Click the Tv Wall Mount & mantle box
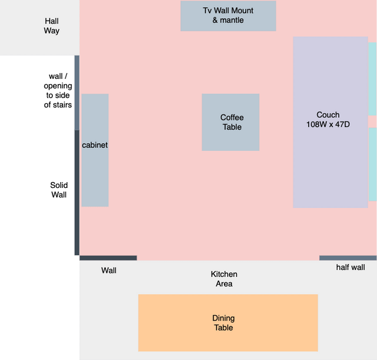click(x=228, y=16)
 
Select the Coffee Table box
click(x=230, y=122)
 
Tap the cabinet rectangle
click(x=95, y=150)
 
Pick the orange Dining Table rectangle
click(x=228, y=323)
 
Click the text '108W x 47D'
click(x=328, y=124)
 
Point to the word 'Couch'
click(x=328, y=115)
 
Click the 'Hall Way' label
click(x=52, y=26)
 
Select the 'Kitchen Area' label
click(x=224, y=279)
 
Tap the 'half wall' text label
click(x=350, y=267)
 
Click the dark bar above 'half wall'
click(x=348, y=258)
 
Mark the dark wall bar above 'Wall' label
click(x=108, y=258)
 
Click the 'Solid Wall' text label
click(x=59, y=190)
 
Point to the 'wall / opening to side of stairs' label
click(x=58, y=90)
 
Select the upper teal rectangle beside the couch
click(x=372, y=79)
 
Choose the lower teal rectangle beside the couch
click(x=372, y=164)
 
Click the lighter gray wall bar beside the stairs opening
click(x=77, y=93)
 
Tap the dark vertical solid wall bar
click(x=77, y=193)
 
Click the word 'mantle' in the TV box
click(x=232, y=20)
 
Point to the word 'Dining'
click(x=223, y=318)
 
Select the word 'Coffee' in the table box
click(x=232, y=117)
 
